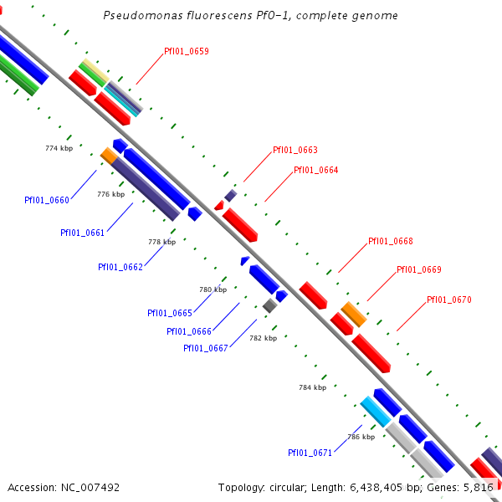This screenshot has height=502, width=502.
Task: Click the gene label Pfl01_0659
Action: (187, 51)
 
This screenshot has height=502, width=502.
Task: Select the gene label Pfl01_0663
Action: (295, 151)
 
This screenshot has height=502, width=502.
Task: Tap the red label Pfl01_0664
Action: (316, 171)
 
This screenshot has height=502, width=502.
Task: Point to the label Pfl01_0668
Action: (391, 242)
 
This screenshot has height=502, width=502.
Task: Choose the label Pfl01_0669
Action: (418, 270)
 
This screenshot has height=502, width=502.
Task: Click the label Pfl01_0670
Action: (449, 300)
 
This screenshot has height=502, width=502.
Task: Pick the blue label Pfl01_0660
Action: (47, 200)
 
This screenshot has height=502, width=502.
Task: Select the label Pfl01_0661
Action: (82, 233)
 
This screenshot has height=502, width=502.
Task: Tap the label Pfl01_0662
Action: (120, 268)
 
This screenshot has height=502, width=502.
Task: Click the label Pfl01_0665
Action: (170, 313)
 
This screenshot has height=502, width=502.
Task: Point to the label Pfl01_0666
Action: (189, 331)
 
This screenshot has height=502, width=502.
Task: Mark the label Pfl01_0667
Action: (206, 348)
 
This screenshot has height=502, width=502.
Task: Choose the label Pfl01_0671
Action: (310, 453)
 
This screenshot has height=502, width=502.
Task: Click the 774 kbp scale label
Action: (59, 148)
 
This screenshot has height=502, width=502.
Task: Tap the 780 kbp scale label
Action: (213, 289)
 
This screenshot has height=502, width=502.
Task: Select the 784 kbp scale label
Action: (312, 388)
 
